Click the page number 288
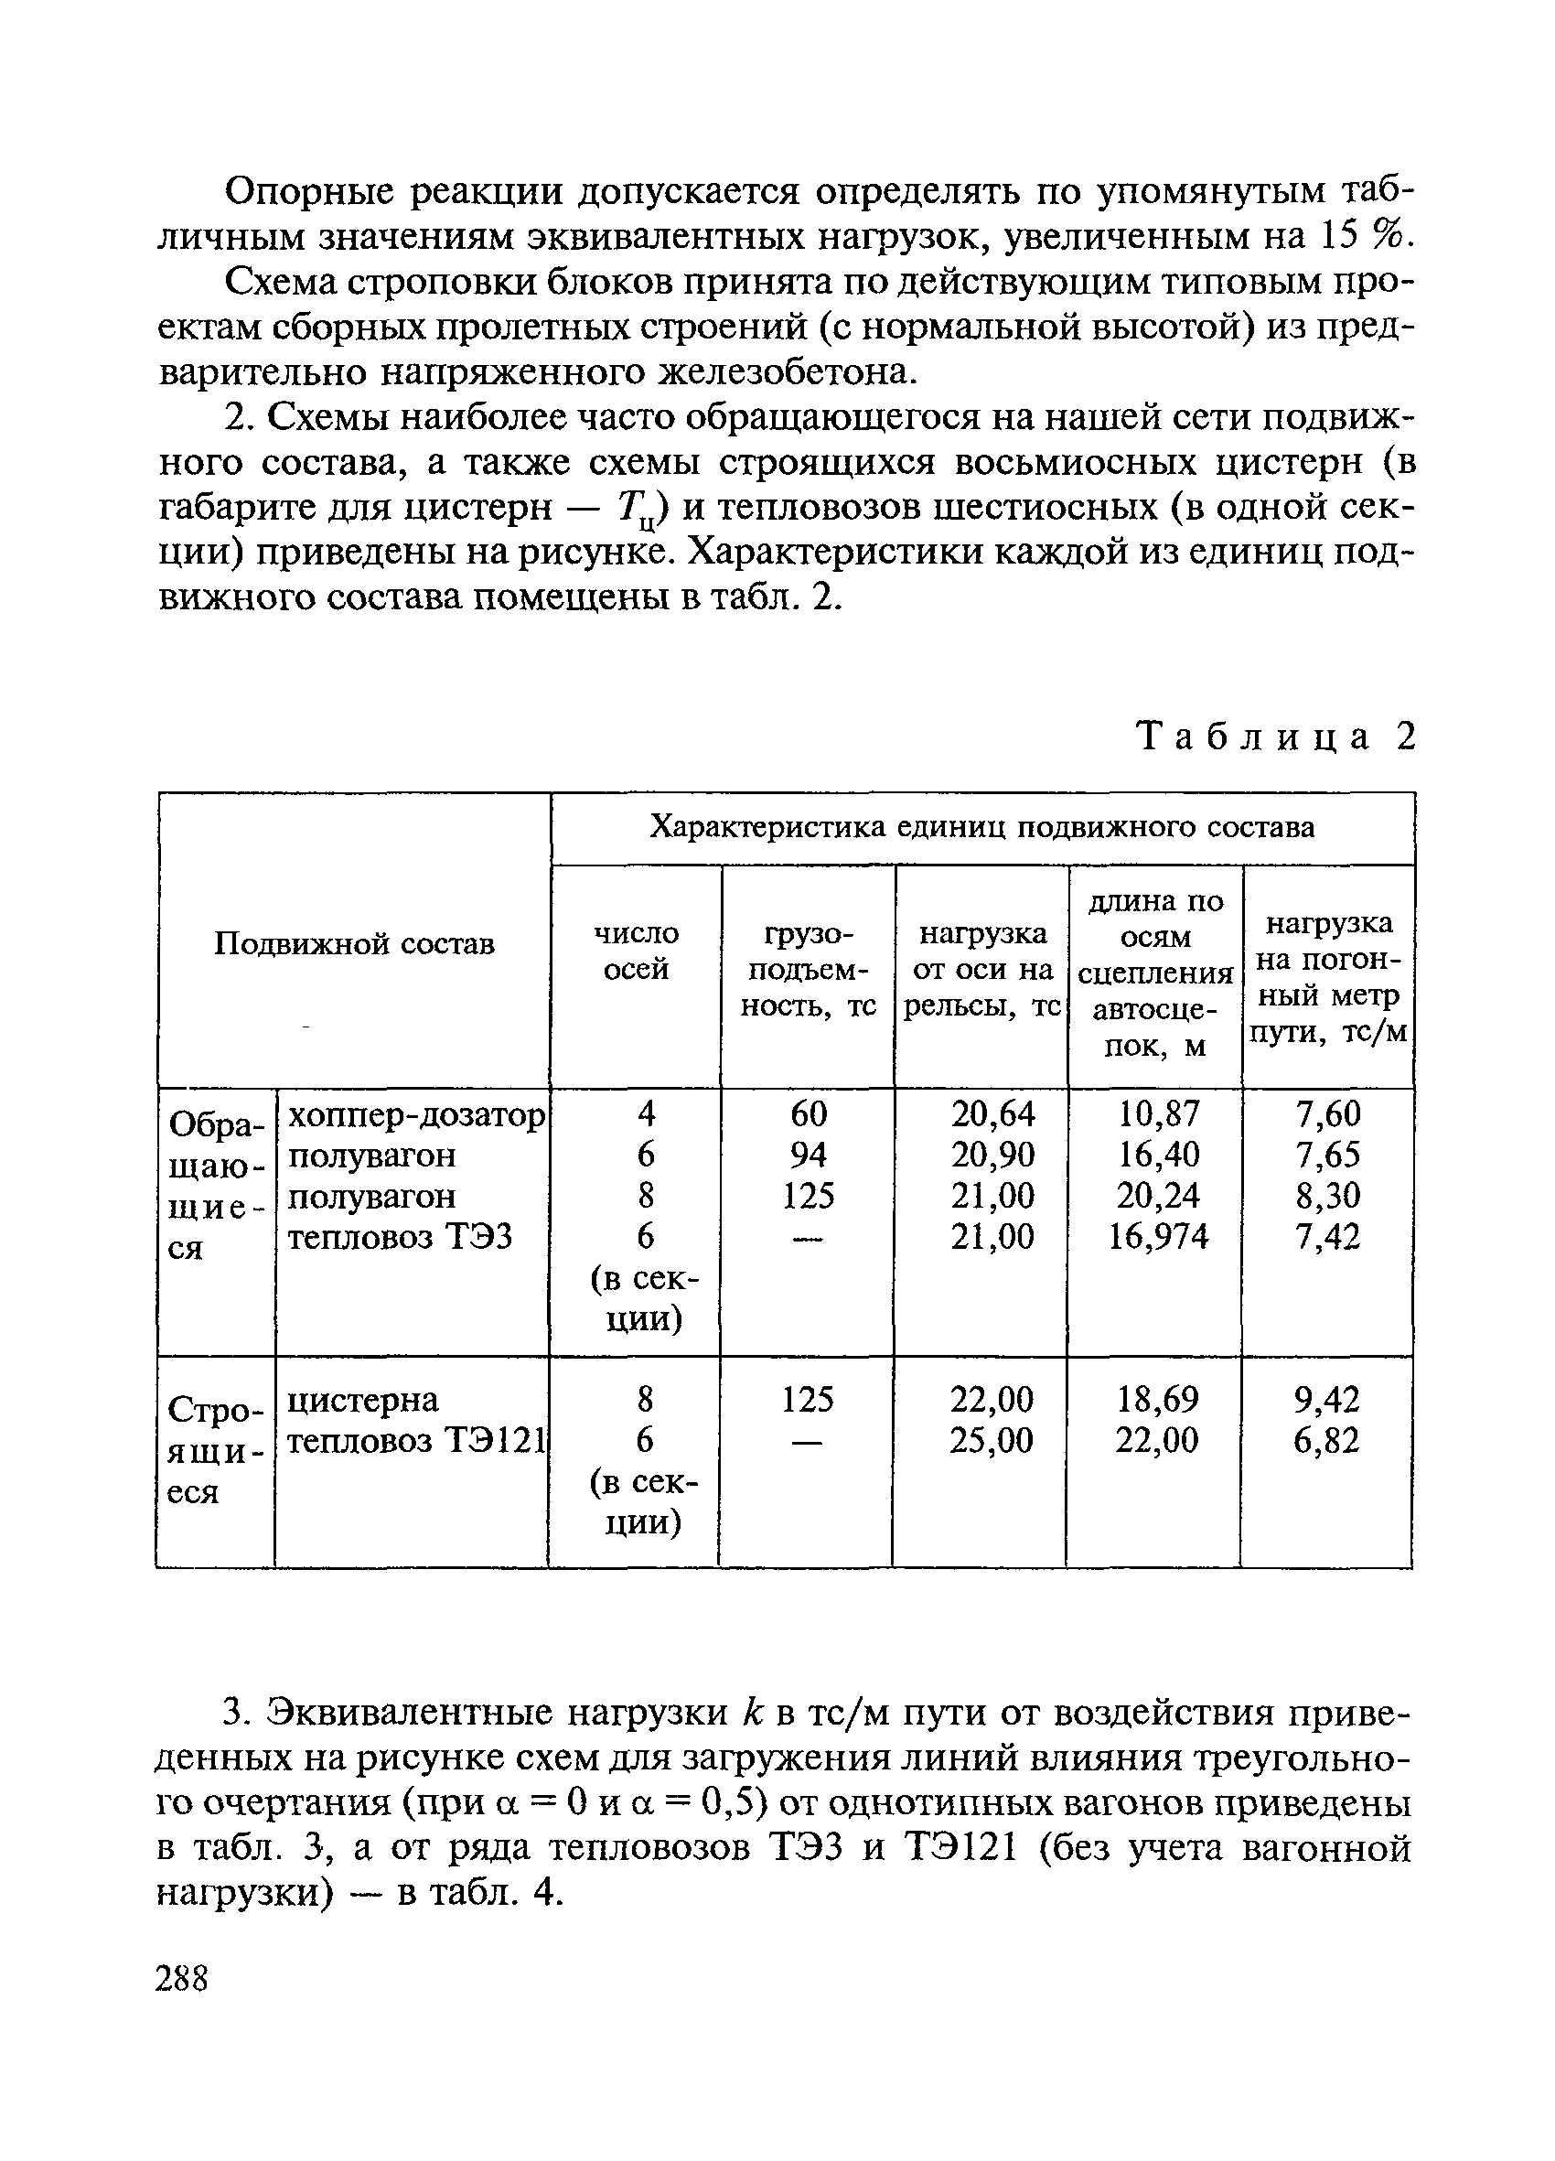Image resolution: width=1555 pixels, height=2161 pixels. (182, 1980)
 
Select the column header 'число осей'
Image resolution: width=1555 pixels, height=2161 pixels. (636, 950)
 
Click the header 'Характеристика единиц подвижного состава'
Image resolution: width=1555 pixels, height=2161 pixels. (981, 826)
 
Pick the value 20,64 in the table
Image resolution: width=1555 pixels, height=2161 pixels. (992, 1113)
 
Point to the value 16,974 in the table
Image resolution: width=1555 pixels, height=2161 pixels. (1159, 1236)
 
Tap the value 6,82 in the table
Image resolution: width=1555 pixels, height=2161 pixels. (1326, 1440)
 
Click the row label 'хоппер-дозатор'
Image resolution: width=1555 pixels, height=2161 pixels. (415, 1113)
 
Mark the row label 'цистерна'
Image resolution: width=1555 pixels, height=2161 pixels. (363, 1400)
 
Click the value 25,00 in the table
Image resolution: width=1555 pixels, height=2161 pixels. (991, 1440)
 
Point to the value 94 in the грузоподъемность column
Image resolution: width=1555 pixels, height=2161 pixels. (808, 1154)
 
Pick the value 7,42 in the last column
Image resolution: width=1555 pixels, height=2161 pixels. (1327, 1236)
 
